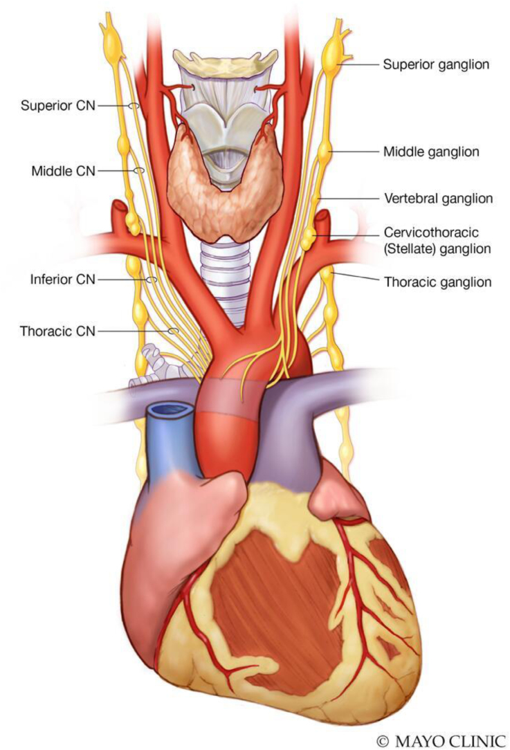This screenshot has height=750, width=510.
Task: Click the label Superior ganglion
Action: click(x=436, y=65)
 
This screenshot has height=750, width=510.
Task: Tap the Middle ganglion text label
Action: click(x=430, y=152)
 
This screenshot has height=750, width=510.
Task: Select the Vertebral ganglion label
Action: click(x=438, y=199)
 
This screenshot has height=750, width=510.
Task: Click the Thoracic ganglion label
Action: click(x=437, y=282)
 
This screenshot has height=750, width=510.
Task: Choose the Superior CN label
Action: click(x=57, y=106)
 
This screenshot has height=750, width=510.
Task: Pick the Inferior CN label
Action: click(x=62, y=280)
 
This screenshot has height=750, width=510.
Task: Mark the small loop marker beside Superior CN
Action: click(x=134, y=106)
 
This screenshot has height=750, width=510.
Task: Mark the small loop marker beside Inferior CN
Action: click(x=152, y=280)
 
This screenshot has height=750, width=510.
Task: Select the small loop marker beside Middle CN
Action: click(x=139, y=170)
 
